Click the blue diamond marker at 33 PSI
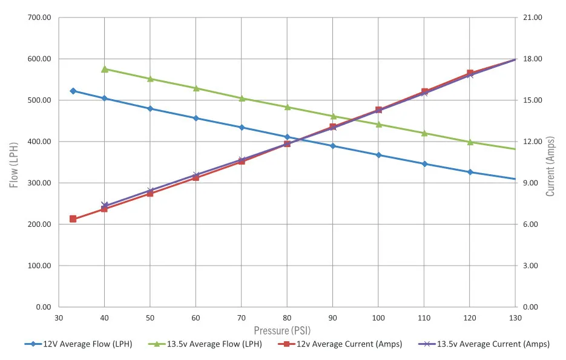click(73, 91)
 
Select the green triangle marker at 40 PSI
click(105, 69)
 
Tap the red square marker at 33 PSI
click(73, 219)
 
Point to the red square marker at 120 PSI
click(470, 73)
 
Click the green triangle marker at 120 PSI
click(470, 142)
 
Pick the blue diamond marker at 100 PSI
click(379, 155)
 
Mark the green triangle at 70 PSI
click(242, 98)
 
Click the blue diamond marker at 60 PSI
click(196, 118)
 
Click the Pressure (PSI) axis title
click(287, 330)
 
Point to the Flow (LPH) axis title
click(14, 162)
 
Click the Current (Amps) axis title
click(550, 162)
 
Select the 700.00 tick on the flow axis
click(39, 18)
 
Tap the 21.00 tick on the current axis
click(532, 18)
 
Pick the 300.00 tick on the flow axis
click(39, 183)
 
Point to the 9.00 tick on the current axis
click(530, 183)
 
